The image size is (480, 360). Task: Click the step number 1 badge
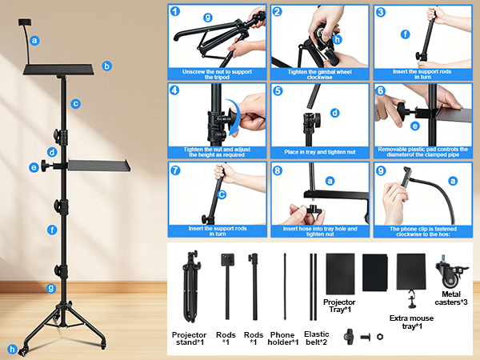175,12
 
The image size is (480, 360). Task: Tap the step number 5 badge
278,91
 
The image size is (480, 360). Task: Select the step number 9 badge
381,170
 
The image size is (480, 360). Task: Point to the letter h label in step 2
338,38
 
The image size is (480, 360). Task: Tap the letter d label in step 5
335,113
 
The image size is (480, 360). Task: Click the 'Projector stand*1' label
189,338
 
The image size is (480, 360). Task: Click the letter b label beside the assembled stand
106,66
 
